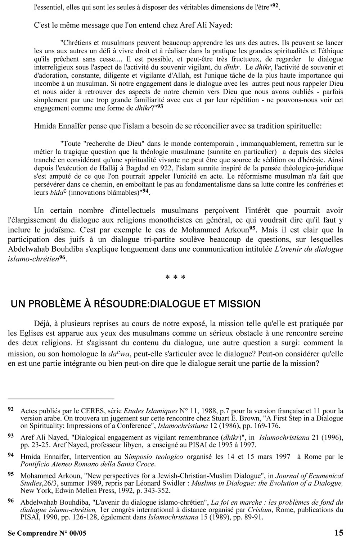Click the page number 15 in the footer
pyautogui.click(x=338, y=533)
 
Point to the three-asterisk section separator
pyautogui.click(x=175, y=278)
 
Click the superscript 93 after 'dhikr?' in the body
pyautogui.click(x=160, y=107)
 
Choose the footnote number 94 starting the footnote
pyautogui.click(x=11, y=455)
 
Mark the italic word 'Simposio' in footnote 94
pyautogui.click(x=134, y=457)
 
